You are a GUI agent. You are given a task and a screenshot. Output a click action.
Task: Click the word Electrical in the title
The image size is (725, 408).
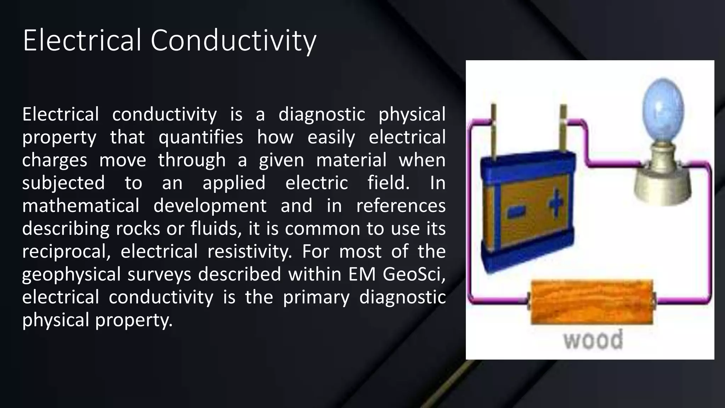pos(82,40)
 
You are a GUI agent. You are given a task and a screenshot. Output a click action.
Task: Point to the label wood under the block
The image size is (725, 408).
pos(593,340)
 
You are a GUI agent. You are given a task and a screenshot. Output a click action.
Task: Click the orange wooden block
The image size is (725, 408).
pos(592,302)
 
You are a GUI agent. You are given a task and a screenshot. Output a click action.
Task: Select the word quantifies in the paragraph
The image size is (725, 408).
pos(201,137)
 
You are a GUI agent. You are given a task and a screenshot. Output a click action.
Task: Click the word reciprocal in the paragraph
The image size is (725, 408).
pos(66,251)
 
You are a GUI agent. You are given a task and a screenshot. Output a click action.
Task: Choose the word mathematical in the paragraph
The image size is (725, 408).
pos(81,206)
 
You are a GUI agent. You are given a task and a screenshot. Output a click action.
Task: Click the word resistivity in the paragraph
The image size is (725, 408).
pos(250,251)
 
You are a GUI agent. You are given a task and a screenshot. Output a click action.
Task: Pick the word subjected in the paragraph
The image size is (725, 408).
pos(63,183)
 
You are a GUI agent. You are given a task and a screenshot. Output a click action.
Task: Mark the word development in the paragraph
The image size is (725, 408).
pos(210,206)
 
